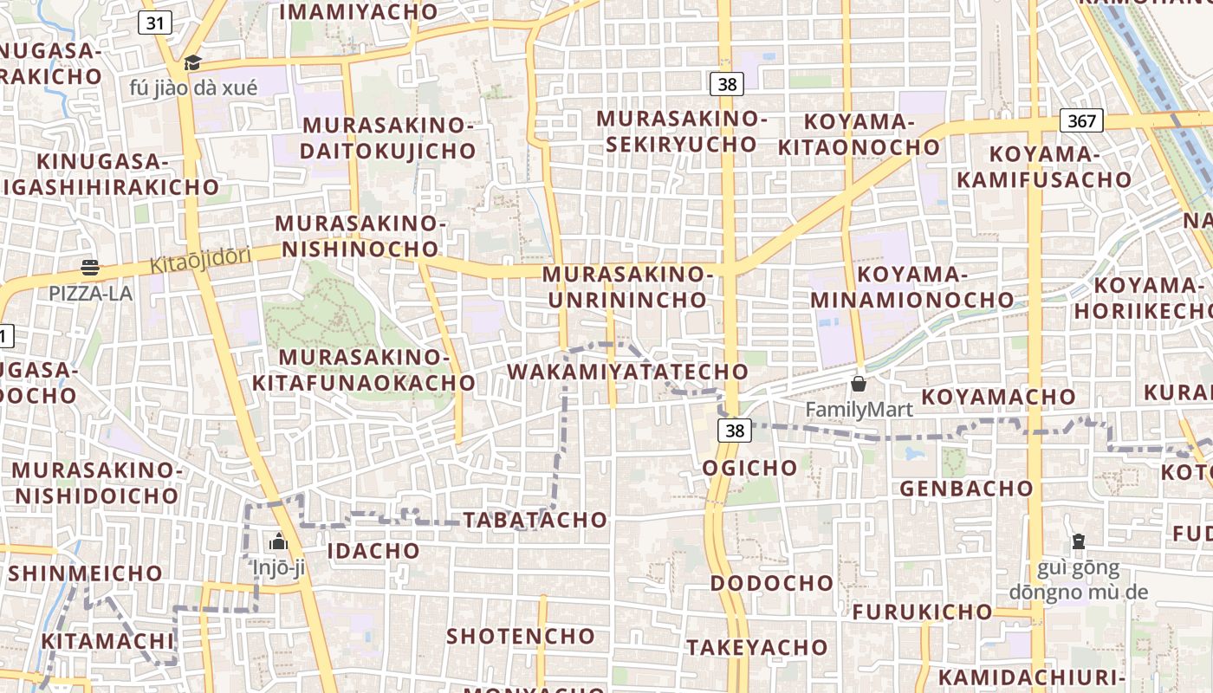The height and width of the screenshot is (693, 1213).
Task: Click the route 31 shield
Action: click(x=155, y=23)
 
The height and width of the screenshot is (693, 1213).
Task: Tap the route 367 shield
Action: click(x=1081, y=120)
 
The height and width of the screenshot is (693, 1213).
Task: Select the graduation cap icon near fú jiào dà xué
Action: click(x=192, y=62)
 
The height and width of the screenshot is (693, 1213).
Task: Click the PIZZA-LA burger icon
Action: click(x=90, y=268)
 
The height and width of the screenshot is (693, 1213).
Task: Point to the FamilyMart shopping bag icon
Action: click(x=859, y=383)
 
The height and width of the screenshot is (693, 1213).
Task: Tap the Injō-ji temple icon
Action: click(x=278, y=541)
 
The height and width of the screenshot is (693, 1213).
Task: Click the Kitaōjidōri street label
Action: click(x=200, y=259)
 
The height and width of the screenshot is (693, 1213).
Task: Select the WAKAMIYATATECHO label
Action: click(x=627, y=372)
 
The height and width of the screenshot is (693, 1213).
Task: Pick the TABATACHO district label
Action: click(x=535, y=520)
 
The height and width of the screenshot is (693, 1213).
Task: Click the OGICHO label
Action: click(x=749, y=468)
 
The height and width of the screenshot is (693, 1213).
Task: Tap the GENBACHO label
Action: click(x=966, y=489)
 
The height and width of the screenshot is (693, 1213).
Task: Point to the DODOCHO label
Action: click(x=772, y=582)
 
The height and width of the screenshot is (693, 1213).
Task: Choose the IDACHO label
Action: click(x=373, y=550)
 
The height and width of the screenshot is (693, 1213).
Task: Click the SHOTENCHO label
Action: click(x=521, y=636)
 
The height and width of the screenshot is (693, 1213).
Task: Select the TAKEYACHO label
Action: click(x=757, y=647)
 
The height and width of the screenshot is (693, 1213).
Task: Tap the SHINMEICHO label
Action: click(x=85, y=573)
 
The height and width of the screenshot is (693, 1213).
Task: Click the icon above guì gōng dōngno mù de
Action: click(x=1078, y=541)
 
